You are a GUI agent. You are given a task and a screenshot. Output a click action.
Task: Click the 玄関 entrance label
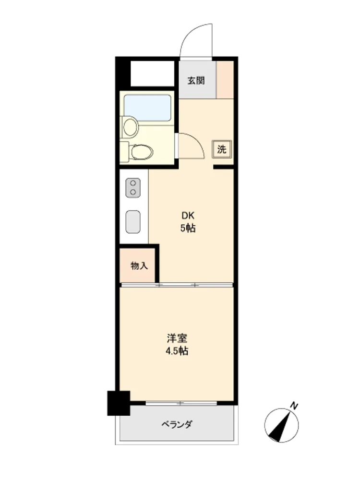coord(196,81)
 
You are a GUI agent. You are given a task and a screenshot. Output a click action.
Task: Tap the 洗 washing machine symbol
coord(222,149)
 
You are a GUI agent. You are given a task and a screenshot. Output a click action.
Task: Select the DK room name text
coord(188,216)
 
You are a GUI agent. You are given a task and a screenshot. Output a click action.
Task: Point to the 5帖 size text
coord(188,228)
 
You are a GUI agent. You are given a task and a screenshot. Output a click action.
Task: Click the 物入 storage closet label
coord(139,266)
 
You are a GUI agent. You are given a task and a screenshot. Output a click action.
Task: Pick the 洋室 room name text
coord(177,338)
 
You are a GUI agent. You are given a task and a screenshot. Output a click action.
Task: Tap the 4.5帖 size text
coord(177,351)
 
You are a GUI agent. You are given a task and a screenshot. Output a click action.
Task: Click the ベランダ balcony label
coord(177,424)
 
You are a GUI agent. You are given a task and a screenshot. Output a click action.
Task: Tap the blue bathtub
coord(147,108)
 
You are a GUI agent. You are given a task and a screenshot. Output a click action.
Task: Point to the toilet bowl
coord(142,152)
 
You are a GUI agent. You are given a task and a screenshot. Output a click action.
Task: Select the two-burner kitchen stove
coord(133,188)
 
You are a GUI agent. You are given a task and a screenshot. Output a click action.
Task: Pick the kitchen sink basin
coord(133,222)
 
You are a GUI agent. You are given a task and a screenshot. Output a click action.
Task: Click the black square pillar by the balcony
coord(119,403)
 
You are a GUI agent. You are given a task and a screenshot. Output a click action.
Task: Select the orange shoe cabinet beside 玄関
coord(225,80)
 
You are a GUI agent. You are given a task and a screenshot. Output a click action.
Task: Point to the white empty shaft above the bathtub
coord(153,73)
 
